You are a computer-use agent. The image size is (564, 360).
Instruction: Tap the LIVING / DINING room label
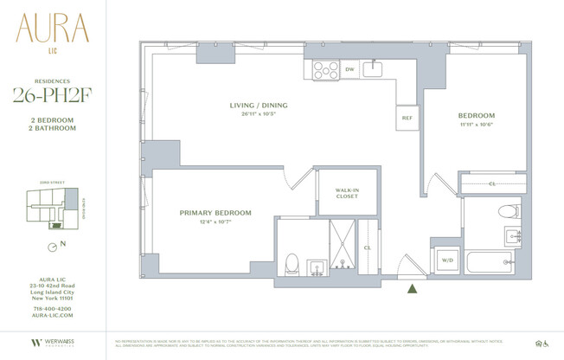(x=258, y=106)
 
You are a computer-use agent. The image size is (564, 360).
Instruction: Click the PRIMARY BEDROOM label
(x=215, y=213)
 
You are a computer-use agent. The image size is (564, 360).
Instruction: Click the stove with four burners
(x=326, y=69)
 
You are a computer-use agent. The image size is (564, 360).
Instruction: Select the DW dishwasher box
(x=349, y=69)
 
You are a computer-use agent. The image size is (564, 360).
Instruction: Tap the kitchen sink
(x=374, y=68)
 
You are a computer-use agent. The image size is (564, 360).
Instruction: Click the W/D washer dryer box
(x=448, y=259)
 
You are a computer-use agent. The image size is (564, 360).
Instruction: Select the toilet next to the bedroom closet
(x=510, y=211)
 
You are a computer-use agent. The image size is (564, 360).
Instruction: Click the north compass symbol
(x=54, y=247)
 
